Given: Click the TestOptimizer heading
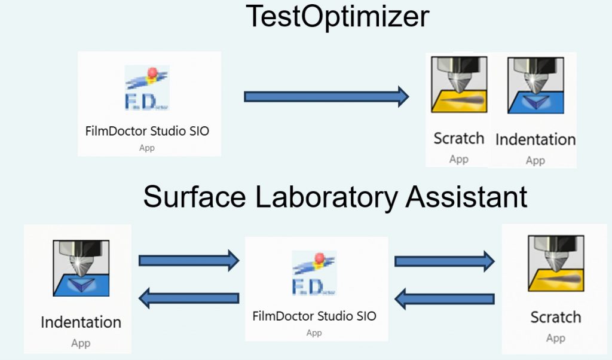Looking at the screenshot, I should tap(338, 16).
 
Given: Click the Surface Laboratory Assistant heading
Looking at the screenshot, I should tap(335, 196).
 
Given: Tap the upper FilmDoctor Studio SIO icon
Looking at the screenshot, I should tap(147, 88).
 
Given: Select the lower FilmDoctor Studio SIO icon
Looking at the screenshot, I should tap(314, 273).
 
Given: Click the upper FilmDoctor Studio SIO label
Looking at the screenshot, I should tap(147, 131).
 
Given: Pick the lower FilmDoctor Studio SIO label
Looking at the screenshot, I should tap(314, 316).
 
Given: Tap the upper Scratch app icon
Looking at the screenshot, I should tap(459, 84).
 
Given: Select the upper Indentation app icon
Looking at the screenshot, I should tap(535, 84).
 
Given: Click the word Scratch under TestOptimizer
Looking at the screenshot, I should tap(459, 139).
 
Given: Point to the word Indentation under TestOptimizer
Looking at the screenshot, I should tap(535, 140).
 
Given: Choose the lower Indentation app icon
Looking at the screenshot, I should tap(81, 269).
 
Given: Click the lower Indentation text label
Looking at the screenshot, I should tap(81, 322).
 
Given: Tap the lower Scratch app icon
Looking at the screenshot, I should tap(556, 264).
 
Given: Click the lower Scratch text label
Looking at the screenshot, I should tap(556, 317).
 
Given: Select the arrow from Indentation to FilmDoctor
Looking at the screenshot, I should tap(188, 260).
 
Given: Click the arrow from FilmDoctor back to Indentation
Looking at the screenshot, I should tap(188, 297).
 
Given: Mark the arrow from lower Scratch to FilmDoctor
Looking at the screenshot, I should tap(444, 297).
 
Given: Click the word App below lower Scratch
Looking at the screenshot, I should tap(556, 338).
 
